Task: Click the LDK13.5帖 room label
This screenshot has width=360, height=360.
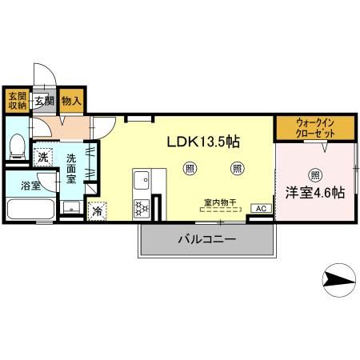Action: tap(203, 142)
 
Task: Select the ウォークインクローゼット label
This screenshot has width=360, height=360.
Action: tap(314, 128)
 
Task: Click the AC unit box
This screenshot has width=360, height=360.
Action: tap(261, 208)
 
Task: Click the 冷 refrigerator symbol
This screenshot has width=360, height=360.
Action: tap(97, 212)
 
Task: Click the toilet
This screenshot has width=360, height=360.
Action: tap(16, 147)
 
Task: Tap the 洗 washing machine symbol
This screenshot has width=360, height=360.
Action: tap(43, 156)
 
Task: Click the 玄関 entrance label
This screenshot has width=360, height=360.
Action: tap(45, 101)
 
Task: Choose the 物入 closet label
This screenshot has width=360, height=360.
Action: tap(72, 100)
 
